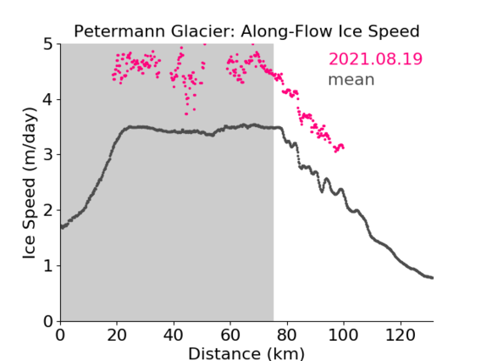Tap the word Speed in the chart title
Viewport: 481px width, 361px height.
[394, 32]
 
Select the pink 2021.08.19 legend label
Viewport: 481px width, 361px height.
[375, 59]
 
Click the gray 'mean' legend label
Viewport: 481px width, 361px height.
[351, 80]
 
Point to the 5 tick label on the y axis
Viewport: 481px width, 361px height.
[48, 44]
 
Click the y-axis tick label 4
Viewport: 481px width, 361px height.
[48, 99]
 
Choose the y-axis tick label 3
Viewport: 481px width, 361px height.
[48, 155]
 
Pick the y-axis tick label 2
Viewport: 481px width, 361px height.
[48, 210]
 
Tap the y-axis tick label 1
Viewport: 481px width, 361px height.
[48, 266]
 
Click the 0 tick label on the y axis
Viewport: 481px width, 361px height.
[48, 321]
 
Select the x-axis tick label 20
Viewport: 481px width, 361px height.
[117, 336]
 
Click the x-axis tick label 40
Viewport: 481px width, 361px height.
[174, 336]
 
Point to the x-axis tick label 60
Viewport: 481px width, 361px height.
[230, 336]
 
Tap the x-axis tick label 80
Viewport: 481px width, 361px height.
[287, 336]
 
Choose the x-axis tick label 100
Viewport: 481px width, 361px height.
[343, 336]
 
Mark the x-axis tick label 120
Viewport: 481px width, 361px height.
[400, 336]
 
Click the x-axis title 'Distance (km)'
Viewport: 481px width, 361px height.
[246, 353]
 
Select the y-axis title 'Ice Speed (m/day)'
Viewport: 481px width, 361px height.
[30, 183]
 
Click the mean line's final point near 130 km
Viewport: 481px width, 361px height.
[432, 278]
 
